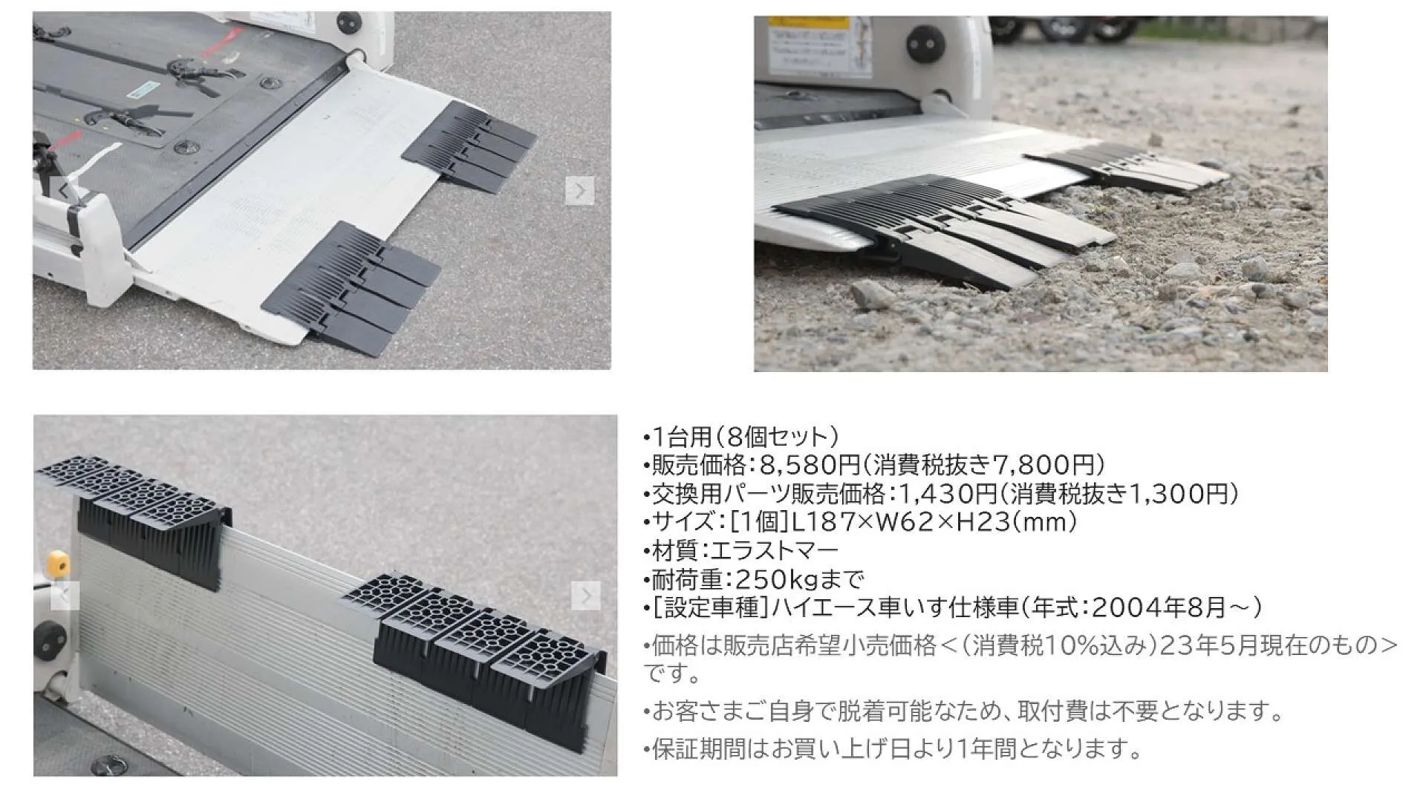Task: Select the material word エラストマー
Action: (x=775, y=550)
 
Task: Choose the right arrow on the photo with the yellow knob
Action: (x=586, y=595)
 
